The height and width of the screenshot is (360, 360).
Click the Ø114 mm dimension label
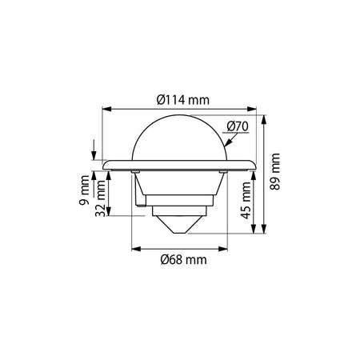[x=183, y=100]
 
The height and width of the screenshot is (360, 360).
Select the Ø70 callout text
[x=238, y=126]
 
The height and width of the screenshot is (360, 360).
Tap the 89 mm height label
[x=275, y=171]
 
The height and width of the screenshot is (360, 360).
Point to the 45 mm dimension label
[x=246, y=200]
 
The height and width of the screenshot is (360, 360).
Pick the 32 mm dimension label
[x=100, y=198]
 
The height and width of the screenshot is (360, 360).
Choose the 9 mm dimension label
[x=84, y=190]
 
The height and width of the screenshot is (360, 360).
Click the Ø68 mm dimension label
[x=184, y=260]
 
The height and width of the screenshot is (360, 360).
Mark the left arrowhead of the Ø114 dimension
[x=106, y=109]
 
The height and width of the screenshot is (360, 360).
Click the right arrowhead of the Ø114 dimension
[x=252, y=109]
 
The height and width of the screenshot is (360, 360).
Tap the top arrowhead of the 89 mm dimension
[x=264, y=120]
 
